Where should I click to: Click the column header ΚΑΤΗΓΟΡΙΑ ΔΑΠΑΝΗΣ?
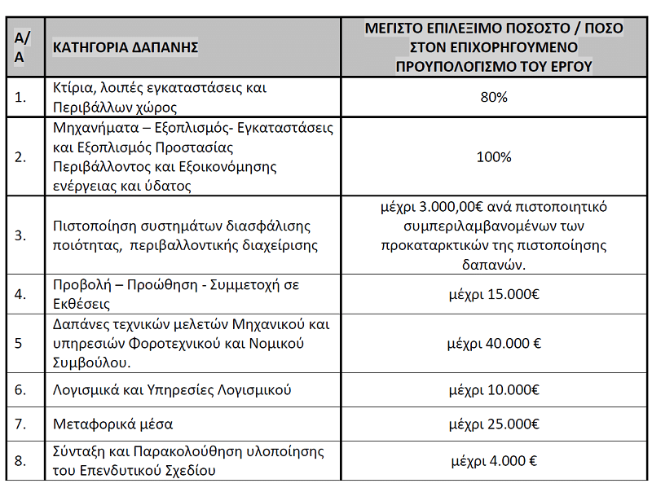(x=126, y=47)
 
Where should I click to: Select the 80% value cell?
(x=494, y=97)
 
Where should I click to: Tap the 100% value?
(x=494, y=156)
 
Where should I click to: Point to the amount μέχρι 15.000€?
(x=494, y=295)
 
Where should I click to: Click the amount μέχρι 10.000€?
(x=494, y=390)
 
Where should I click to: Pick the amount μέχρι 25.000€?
(x=494, y=424)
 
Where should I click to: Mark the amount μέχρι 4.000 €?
(x=493, y=461)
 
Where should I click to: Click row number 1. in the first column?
(x=21, y=97)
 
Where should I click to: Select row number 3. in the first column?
(x=21, y=235)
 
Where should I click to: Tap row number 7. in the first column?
(x=21, y=424)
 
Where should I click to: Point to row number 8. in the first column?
(x=21, y=461)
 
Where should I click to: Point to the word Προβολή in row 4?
(x=78, y=285)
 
